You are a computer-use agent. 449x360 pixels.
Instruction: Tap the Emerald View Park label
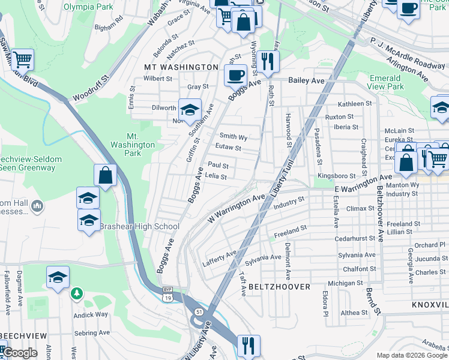point(385,82)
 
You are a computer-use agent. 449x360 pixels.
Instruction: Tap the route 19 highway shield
point(167,298)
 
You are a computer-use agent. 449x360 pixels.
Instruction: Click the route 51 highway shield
point(198,311)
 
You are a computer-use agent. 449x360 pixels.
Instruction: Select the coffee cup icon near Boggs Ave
point(235,75)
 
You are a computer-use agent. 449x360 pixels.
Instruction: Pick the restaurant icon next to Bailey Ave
point(267,60)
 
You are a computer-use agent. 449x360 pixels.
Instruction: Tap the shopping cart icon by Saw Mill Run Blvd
point(22,59)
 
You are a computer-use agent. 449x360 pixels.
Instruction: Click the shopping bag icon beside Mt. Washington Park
point(105,176)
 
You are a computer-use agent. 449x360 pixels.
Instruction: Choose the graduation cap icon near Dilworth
point(189,110)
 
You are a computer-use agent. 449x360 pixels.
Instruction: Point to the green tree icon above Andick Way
point(76,293)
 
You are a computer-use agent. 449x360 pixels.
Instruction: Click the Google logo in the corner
point(20,353)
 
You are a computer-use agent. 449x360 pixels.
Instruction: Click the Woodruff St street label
point(91,88)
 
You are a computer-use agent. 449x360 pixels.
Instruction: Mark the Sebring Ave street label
point(92,332)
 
